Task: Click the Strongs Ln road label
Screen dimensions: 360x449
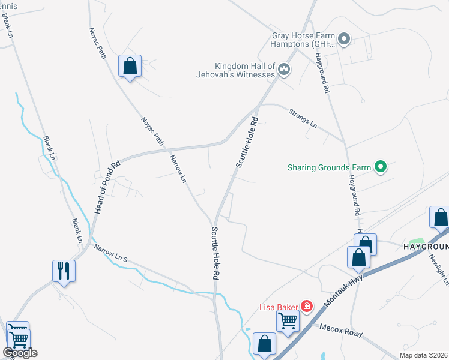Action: (x=303, y=118)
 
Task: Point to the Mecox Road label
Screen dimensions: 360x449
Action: (x=340, y=331)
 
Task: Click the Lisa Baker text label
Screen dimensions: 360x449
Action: (x=279, y=307)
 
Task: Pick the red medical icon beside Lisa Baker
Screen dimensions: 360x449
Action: (x=307, y=307)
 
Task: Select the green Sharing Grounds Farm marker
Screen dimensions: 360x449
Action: (x=380, y=167)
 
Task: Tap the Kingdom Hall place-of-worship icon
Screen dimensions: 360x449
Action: (x=285, y=71)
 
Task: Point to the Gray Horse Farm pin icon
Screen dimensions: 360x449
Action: (x=343, y=40)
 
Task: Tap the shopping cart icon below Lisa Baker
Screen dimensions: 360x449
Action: (x=288, y=320)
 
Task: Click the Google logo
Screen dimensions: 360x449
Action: (x=20, y=353)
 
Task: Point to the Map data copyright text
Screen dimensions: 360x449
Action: (x=424, y=355)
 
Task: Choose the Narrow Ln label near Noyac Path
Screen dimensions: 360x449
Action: (x=178, y=168)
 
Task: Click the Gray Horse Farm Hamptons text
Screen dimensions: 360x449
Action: (x=303, y=40)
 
